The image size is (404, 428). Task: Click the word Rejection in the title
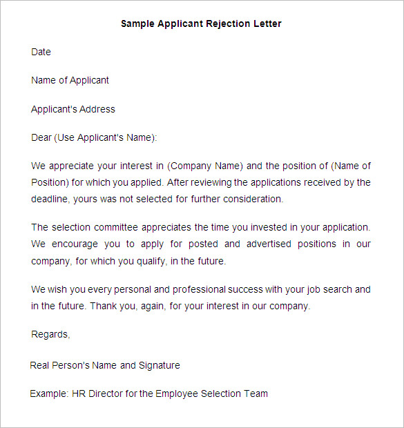click(231, 23)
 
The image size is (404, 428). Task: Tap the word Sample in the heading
click(137, 23)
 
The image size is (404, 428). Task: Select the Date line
click(41, 52)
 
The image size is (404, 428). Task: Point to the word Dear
click(41, 138)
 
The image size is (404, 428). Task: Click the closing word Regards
click(50, 334)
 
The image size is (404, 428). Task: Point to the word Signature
click(159, 365)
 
